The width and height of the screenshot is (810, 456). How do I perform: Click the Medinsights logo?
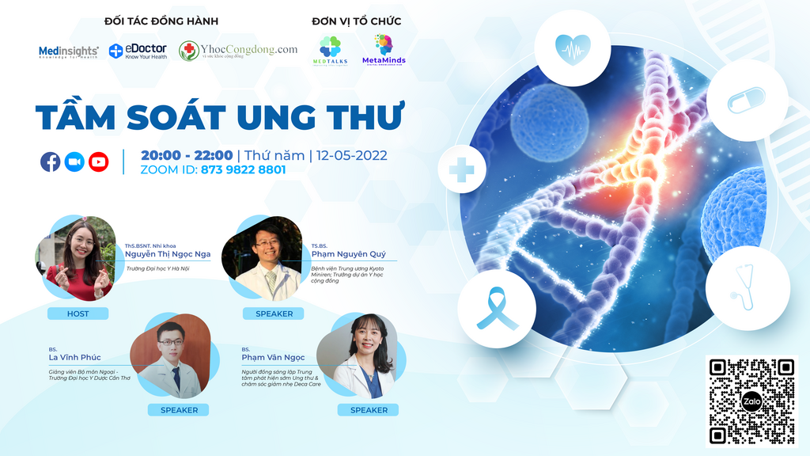coord(68,52)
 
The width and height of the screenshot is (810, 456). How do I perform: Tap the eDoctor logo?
coord(138,51)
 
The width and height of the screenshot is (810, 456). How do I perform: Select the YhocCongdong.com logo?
coord(238,51)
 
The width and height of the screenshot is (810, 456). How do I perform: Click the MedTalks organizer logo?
coord(330,50)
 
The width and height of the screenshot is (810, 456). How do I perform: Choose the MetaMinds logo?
coord(384,50)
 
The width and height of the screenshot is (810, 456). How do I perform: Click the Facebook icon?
coord(51,161)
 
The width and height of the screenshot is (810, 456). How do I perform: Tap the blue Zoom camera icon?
coord(74,161)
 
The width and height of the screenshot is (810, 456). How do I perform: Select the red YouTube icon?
coord(99,161)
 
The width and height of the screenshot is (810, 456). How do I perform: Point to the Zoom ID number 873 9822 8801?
coord(243,169)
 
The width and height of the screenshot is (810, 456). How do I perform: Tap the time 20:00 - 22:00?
coord(187,155)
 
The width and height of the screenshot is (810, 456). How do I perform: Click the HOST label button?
coord(78,313)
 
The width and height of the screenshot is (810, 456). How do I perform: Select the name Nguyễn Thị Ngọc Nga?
coord(168,254)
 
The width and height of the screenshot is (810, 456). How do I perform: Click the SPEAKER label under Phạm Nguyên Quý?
coord(274,313)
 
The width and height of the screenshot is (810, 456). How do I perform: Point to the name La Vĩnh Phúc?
coord(74,357)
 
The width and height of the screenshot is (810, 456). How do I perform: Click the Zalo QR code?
coord(751,401)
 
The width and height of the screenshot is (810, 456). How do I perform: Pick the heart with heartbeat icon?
coord(572,47)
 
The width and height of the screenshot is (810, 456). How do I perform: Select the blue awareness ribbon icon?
coord(497,308)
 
